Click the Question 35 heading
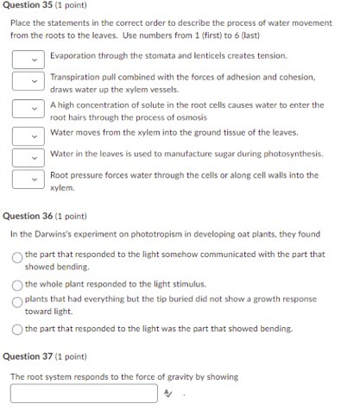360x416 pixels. [x=38, y=8]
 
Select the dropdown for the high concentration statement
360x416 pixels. [x=27, y=110]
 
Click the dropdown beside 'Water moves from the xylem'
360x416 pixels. [x=27, y=134]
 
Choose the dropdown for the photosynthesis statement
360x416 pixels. [x=27, y=156]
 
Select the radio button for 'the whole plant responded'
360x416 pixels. [x=16, y=284]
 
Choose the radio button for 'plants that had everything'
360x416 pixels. [x=16, y=301]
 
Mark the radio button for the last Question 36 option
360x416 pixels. [x=16, y=329]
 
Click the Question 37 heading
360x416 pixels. [x=38, y=356]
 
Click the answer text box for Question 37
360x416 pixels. [x=85, y=394]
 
